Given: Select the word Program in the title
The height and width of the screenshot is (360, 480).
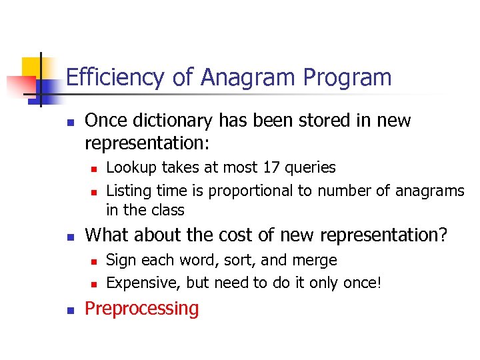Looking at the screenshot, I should (x=347, y=78).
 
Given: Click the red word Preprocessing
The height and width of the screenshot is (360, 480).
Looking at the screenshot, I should (x=142, y=309).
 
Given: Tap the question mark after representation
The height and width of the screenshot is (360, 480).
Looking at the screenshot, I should (x=445, y=235).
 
